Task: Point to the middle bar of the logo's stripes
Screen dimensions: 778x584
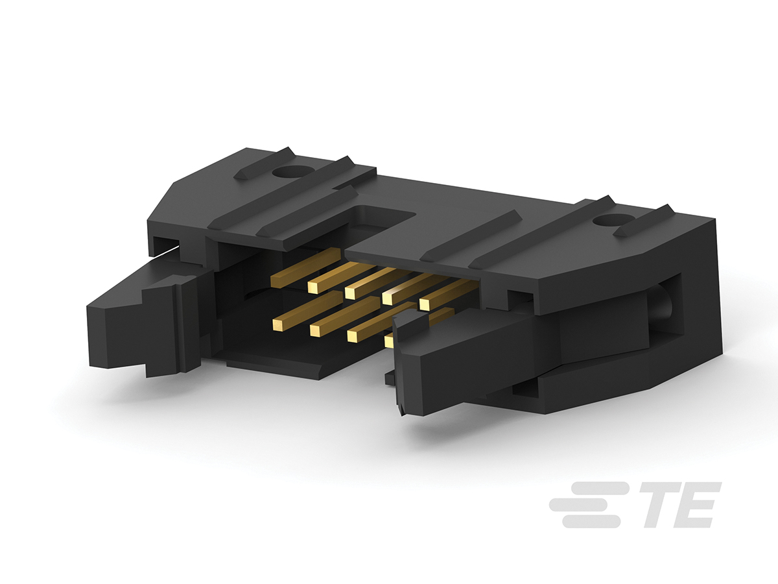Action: (589, 505)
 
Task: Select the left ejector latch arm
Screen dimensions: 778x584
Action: (149, 317)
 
